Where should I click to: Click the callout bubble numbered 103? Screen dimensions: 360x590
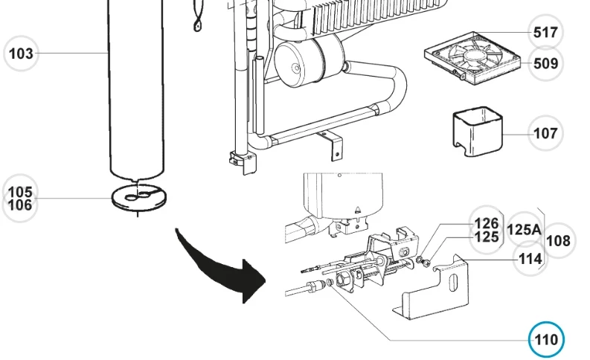(21, 53)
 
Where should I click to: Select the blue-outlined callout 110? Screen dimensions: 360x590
(546, 340)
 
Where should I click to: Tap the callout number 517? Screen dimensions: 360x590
(546, 32)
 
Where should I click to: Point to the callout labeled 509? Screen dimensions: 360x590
(545, 63)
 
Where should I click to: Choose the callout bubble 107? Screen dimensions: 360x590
(545, 134)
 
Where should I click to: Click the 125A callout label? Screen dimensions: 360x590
(524, 230)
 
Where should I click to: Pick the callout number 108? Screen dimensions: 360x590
(558, 240)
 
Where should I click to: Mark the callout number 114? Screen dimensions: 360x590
(530, 258)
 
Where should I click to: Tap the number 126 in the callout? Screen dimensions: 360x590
(487, 223)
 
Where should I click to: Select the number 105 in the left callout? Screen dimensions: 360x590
(20, 192)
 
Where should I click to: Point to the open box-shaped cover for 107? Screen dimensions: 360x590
(475, 132)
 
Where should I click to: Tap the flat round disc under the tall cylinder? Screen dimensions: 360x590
(138, 196)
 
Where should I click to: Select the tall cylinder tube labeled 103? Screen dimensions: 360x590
(138, 89)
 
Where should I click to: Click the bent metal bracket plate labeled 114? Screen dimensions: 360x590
(439, 286)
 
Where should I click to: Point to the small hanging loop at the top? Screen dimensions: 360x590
(197, 22)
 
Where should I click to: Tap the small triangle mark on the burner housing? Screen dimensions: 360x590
(359, 210)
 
